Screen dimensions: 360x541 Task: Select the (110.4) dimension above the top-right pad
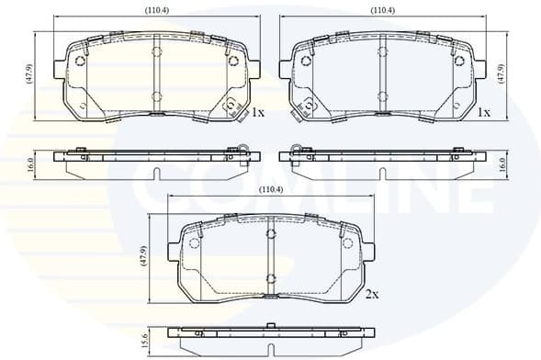[383, 10]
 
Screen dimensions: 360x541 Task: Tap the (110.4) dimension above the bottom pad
[270, 189]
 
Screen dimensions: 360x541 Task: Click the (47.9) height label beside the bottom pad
[144, 256]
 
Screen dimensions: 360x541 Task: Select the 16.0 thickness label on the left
[30, 164]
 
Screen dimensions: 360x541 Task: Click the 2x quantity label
[372, 294]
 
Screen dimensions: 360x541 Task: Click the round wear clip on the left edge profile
[243, 151]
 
